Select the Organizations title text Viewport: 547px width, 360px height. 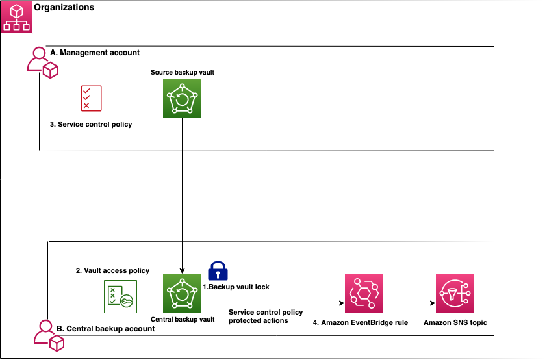(64, 8)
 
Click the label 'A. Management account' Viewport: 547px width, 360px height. (95, 52)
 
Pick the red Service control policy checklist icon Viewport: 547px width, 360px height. (91, 98)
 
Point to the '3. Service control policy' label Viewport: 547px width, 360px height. (91, 124)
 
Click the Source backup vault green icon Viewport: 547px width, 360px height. (182, 99)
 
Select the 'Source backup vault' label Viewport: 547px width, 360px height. (182, 72)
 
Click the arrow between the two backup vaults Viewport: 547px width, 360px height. (182, 195)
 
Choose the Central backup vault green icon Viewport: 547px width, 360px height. (182, 294)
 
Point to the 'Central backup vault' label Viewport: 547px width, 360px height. (182, 320)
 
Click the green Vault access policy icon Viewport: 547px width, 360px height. (120, 296)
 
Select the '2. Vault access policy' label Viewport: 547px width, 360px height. (113, 270)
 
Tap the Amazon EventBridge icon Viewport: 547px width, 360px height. (364, 294)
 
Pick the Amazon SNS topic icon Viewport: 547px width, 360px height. (455, 294)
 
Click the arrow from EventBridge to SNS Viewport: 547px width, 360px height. (409, 303)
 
